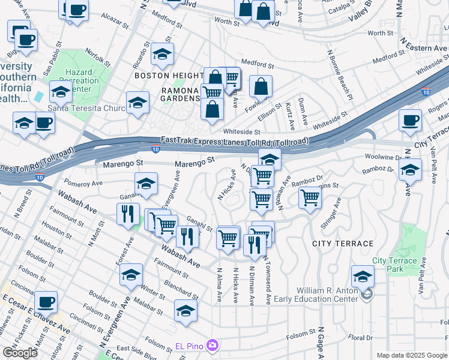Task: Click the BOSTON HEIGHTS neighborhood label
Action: [x=168, y=76]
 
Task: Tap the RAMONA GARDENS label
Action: [x=172, y=94]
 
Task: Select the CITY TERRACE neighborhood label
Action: [x=343, y=244]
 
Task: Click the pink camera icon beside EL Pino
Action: [x=211, y=346]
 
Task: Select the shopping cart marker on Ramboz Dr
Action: [x=310, y=197]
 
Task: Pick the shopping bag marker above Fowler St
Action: [x=261, y=86]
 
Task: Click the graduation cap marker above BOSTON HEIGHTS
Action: [x=162, y=54]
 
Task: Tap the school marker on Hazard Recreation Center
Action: [x=61, y=92]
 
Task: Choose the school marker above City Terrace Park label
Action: [x=363, y=276]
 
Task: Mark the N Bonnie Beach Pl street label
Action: [x=338, y=77]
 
